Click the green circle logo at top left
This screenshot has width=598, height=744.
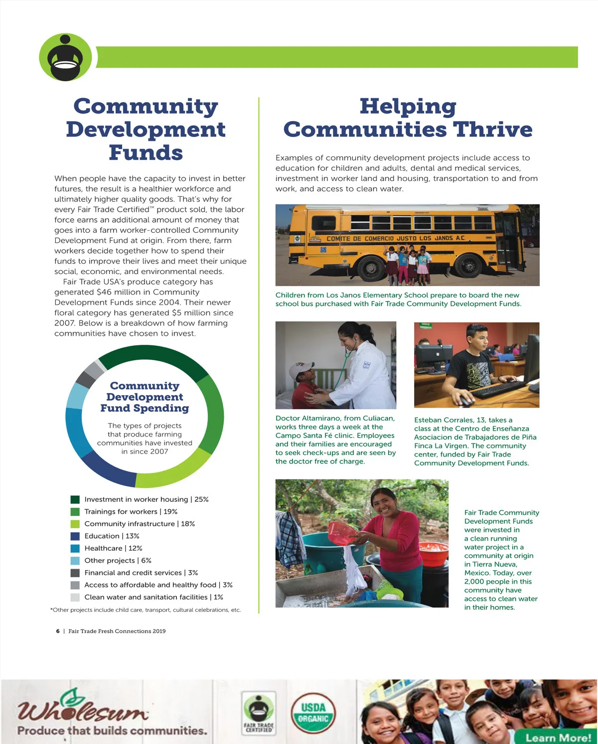[x=65, y=57]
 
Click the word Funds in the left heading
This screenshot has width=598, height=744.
[x=146, y=152]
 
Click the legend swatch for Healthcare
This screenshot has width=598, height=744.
[x=75, y=548]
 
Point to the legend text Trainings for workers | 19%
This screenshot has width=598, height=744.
[x=131, y=511]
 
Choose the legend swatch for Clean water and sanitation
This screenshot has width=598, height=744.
[x=75, y=597]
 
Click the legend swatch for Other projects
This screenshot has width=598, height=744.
[x=75, y=561]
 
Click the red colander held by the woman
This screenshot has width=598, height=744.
[x=342, y=533]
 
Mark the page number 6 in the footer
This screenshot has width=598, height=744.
[x=58, y=631]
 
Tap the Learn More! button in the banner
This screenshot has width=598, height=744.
[x=558, y=737]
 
